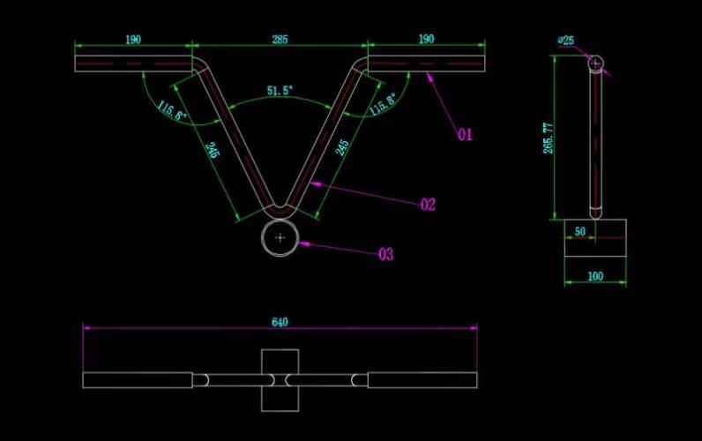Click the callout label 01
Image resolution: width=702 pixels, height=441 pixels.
[x=465, y=134]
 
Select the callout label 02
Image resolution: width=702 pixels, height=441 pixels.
[x=428, y=205]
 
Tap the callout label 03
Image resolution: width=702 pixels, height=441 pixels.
[x=386, y=254]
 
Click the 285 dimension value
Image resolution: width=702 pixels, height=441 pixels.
[x=280, y=39]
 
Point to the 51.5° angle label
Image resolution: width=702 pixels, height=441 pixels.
[x=280, y=91]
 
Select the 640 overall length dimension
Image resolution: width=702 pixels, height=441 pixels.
[x=280, y=322]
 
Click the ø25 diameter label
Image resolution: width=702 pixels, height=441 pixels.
[x=566, y=41]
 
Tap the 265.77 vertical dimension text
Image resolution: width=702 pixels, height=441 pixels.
[x=548, y=138]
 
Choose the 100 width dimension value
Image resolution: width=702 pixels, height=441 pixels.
[x=595, y=276]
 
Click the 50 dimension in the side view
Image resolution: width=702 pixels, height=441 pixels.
[x=579, y=231]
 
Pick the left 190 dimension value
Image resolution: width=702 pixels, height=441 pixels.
[x=133, y=40]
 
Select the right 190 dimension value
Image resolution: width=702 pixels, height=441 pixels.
[x=426, y=39]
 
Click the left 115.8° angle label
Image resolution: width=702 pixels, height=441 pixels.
[x=172, y=110]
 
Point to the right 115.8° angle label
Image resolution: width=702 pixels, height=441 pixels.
[x=383, y=104]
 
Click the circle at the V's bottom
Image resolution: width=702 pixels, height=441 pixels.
[x=280, y=238]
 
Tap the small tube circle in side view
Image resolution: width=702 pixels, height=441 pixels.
[x=596, y=64]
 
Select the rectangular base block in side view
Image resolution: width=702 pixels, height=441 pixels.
[x=595, y=238]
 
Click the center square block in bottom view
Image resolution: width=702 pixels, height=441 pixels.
[x=280, y=380]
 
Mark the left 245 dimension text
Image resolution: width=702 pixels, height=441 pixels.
[x=213, y=150]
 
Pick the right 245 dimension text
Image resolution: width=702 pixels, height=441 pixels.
[x=342, y=147]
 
